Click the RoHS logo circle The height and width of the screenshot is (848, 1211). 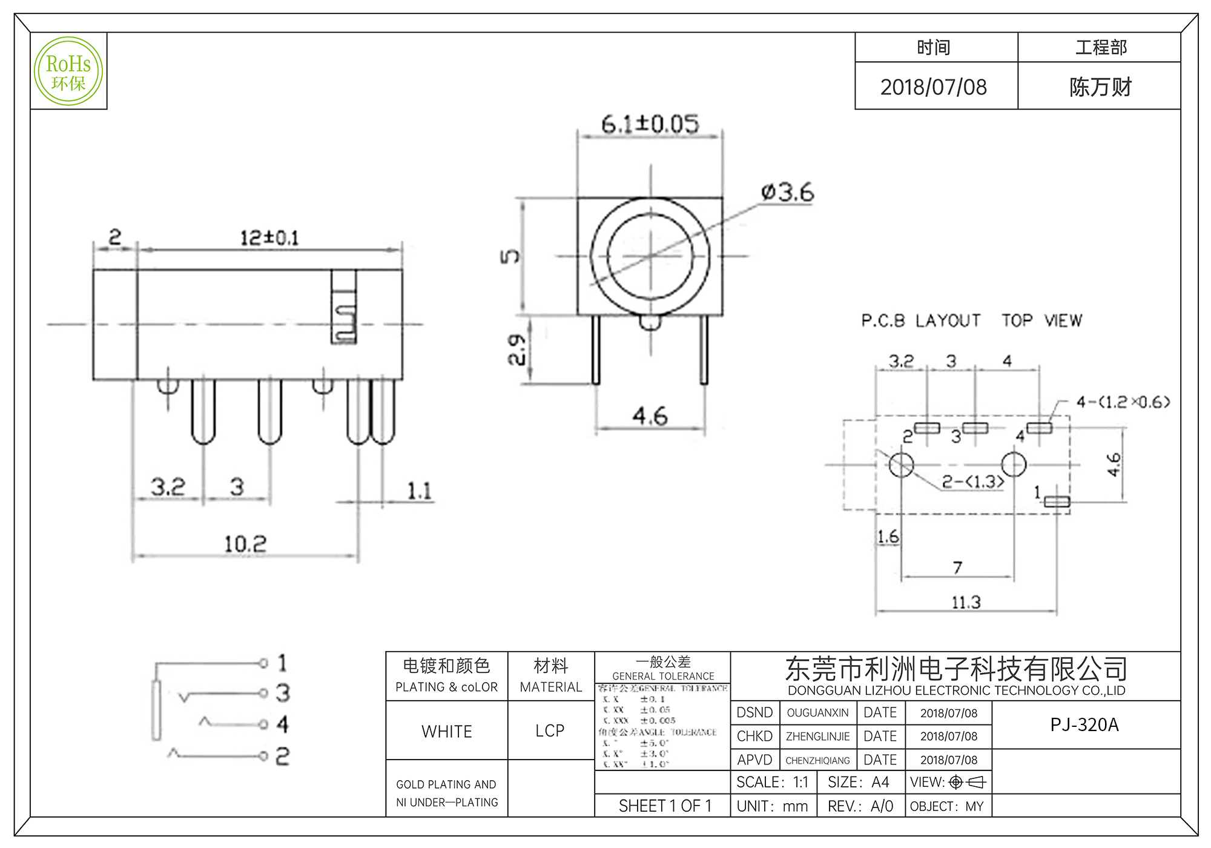click(x=68, y=71)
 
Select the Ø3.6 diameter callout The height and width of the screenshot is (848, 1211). click(x=787, y=193)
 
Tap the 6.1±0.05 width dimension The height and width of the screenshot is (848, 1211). click(x=650, y=124)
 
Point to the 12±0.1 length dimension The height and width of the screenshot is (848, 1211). click(x=269, y=237)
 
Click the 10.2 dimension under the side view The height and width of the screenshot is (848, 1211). click(x=245, y=543)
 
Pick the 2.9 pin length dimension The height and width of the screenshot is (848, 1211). click(x=516, y=349)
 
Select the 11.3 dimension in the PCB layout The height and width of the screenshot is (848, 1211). click(x=966, y=602)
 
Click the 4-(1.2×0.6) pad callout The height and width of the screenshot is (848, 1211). click(x=1123, y=402)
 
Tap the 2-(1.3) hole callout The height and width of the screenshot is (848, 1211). click(x=972, y=482)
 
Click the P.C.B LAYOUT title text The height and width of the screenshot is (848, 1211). click(x=920, y=320)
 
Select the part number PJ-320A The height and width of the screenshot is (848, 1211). click(x=1084, y=724)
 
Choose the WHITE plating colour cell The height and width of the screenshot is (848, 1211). click(x=447, y=731)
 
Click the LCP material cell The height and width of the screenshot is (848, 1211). click(x=550, y=730)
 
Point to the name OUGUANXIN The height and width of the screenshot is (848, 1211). click(x=817, y=713)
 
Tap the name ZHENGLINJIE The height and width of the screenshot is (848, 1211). click(x=817, y=737)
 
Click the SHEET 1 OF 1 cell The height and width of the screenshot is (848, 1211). click(x=664, y=806)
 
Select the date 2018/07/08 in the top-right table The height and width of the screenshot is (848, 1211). click(x=933, y=87)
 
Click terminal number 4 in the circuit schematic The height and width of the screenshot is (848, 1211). click(x=282, y=724)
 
